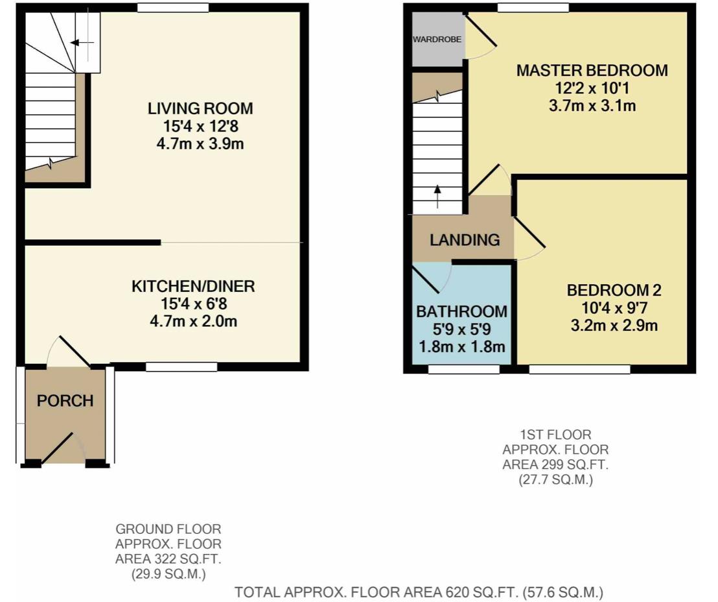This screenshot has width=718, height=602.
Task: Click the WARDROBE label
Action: click(x=437, y=40)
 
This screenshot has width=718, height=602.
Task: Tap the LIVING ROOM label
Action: click(x=200, y=109)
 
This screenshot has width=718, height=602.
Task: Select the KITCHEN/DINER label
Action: click(x=193, y=286)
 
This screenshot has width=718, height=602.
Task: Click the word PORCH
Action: click(x=65, y=401)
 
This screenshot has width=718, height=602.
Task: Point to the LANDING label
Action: click(x=465, y=240)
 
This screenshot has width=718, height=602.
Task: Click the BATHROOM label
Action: click(x=461, y=312)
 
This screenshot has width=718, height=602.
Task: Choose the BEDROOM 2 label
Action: click(x=614, y=290)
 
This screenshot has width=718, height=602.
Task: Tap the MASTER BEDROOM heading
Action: click(x=592, y=71)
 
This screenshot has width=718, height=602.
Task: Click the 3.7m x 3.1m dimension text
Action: click(x=592, y=106)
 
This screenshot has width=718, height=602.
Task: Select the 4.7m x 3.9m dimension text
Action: click(x=200, y=144)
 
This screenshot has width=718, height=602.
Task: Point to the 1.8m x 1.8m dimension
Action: click(x=461, y=346)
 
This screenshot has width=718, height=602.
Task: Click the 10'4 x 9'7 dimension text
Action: click(x=614, y=307)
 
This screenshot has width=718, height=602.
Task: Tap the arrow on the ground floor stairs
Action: click(x=82, y=43)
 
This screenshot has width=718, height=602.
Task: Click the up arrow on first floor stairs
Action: click(x=438, y=197)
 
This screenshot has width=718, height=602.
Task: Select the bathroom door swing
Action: click(x=432, y=278)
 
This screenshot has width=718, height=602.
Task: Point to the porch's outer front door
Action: click(x=58, y=448)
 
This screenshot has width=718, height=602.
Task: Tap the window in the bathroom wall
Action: click(x=463, y=369)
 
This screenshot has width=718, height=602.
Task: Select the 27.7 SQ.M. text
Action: click(x=555, y=480)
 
